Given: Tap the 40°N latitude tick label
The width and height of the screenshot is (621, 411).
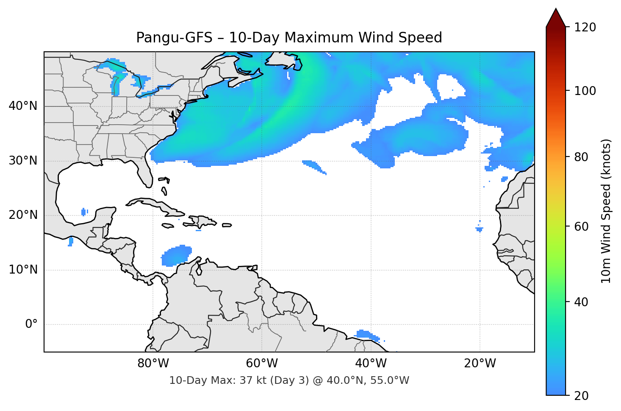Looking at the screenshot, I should click(23, 106).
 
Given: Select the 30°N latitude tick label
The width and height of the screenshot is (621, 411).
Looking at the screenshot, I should click(23, 161).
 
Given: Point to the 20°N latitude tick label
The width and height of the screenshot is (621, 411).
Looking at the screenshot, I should click(23, 215).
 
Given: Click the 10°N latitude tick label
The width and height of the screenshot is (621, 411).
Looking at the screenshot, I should click(23, 270).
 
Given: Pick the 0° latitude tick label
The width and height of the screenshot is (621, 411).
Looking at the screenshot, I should click(31, 324).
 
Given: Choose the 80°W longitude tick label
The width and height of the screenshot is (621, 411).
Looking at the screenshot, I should click(153, 363).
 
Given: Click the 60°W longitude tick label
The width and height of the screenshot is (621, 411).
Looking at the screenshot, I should click(262, 363).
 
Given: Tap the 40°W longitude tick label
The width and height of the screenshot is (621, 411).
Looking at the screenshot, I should click(371, 363).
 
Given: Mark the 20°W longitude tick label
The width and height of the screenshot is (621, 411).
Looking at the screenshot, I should click(480, 363).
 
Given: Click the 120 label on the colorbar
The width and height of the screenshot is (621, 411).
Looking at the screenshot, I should click(585, 28).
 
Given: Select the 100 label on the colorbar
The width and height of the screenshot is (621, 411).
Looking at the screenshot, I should click(585, 91).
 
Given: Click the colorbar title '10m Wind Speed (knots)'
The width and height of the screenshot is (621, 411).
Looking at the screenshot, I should click(606, 211).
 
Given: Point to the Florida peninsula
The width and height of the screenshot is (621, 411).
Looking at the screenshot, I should click(144, 172).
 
